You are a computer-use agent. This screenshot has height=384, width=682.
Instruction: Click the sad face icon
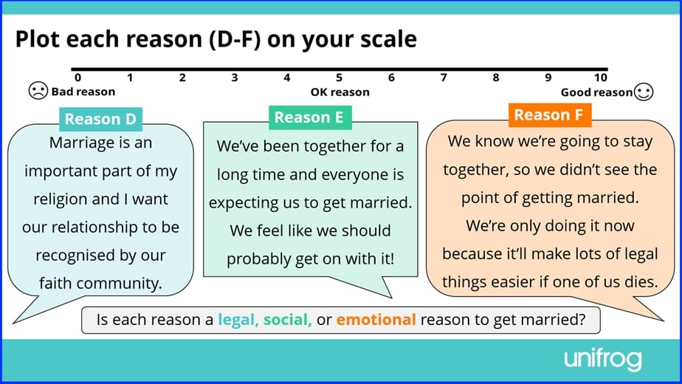tap(37, 91)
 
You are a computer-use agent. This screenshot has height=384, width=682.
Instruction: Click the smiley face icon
tap(644, 92)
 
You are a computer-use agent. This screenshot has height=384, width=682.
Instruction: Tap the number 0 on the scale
tap(77, 78)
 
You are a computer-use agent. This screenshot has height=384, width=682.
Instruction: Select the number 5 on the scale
tap(340, 78)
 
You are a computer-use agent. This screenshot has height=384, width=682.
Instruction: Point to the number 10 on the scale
tap(600, 78)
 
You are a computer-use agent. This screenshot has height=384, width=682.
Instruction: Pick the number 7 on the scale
tap(444, 78)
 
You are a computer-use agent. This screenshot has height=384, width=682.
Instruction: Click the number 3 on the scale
tap(235, 78)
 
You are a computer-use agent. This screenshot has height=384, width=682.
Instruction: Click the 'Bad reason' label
tap(83, 92)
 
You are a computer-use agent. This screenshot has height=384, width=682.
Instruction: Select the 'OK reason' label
tap(340, 92)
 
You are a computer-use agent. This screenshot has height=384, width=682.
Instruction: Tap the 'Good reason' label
tap(596, 92)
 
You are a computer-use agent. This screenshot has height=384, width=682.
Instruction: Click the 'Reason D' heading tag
tap(101, 119)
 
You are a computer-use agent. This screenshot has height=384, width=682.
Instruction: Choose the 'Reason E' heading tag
tap(310, 117)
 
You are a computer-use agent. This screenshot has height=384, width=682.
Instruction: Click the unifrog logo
tap(602, 360)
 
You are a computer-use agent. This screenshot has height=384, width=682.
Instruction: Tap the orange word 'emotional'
tap(376, 320)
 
